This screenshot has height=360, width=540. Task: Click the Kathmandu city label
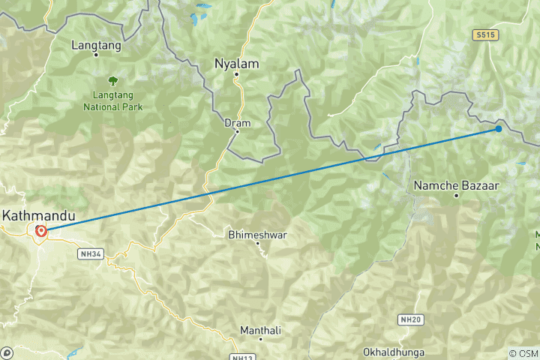[x=38, y=216]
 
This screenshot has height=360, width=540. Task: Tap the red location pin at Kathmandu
[x=40, y=231]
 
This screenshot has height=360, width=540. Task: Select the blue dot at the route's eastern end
[x=499, y=129]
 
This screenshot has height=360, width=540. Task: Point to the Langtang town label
[x=95, y=45]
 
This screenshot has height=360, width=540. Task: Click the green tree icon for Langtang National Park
[x=112, y=79]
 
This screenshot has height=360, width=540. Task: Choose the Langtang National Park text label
[x=112, y=100]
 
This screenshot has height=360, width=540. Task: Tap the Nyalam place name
[x=236, y=64]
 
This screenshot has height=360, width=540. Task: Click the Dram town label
[x=237, y=122]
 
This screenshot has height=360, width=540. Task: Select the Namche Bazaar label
[x=456, y=184]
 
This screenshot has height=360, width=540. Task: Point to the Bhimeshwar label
[x=257, y=235]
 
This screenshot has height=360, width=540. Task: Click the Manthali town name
[x=259, y=330]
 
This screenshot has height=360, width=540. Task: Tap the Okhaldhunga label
[x=394, y=352]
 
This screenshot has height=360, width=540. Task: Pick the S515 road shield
[x=485, y=35]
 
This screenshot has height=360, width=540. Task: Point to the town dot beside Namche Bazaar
[x=456, y=196]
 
